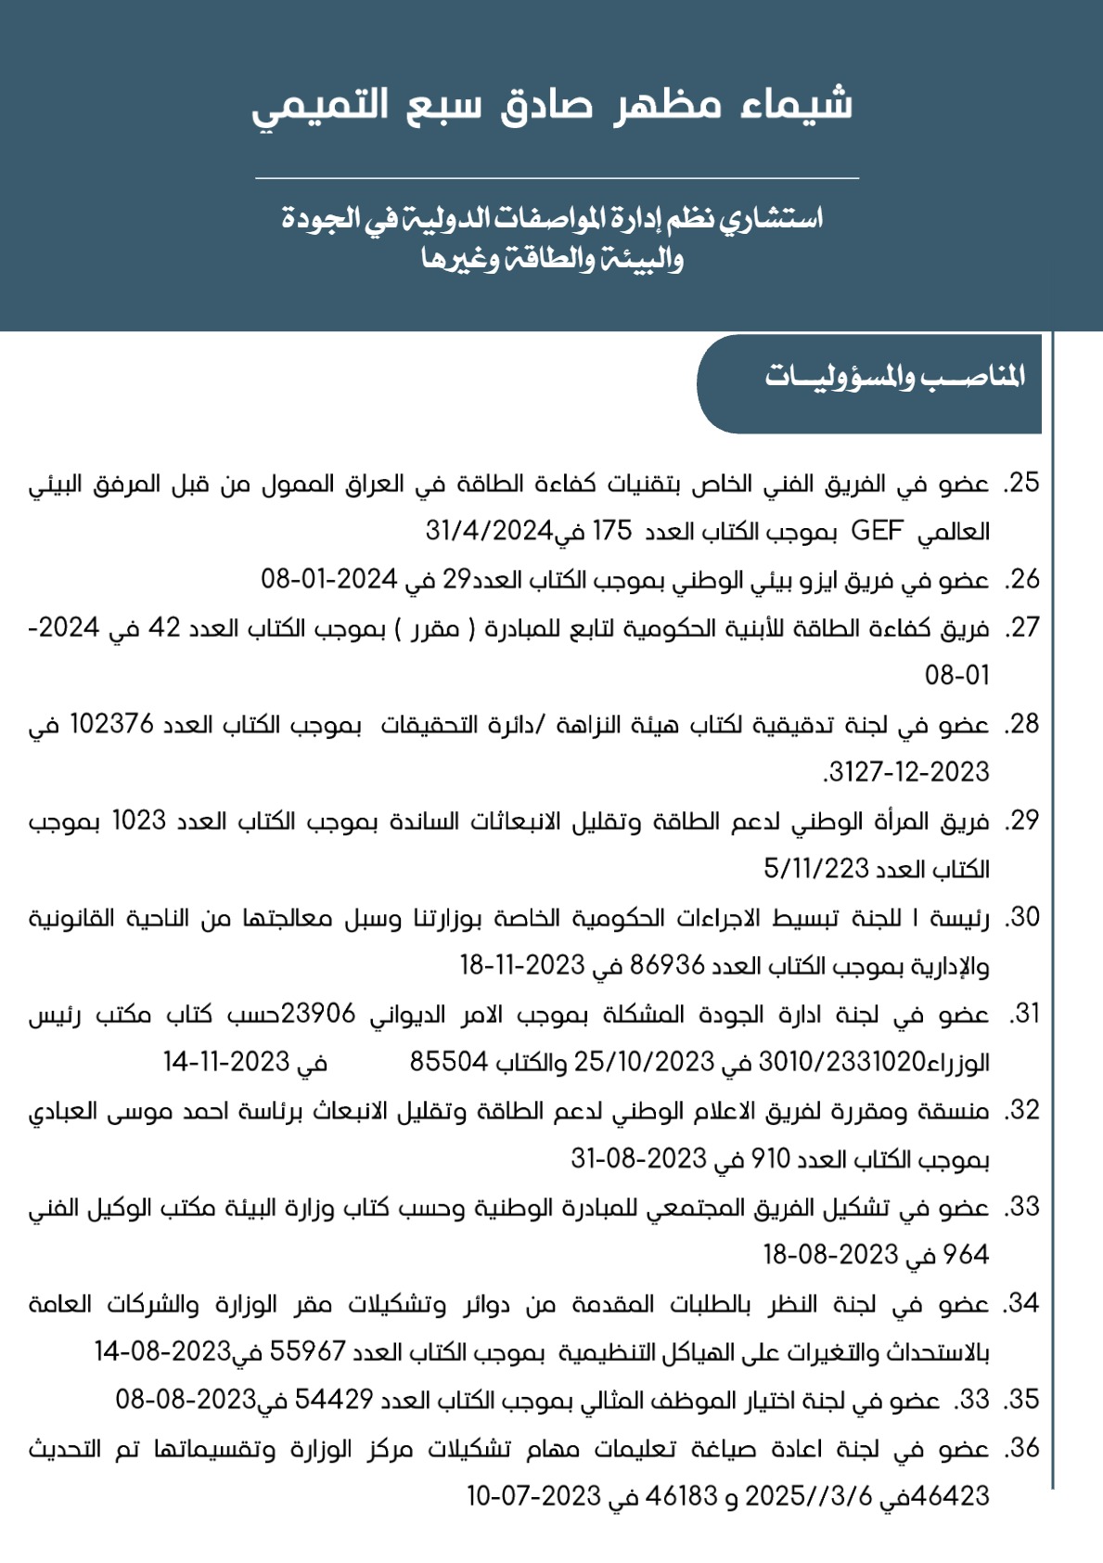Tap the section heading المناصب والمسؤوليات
pos(894,376)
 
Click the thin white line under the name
pos(557,177)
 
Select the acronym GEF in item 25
pos(877,531)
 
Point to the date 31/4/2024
pos(489,531)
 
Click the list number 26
pos(1023,579)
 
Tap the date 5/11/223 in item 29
pos(814,869)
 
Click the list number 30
pos(1023,917)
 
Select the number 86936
pos(668,965)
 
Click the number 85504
pos(449,1062)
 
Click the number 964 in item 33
pos(965,1255)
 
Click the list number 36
pos(1023,1448)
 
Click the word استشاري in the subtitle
pos(777,219)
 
